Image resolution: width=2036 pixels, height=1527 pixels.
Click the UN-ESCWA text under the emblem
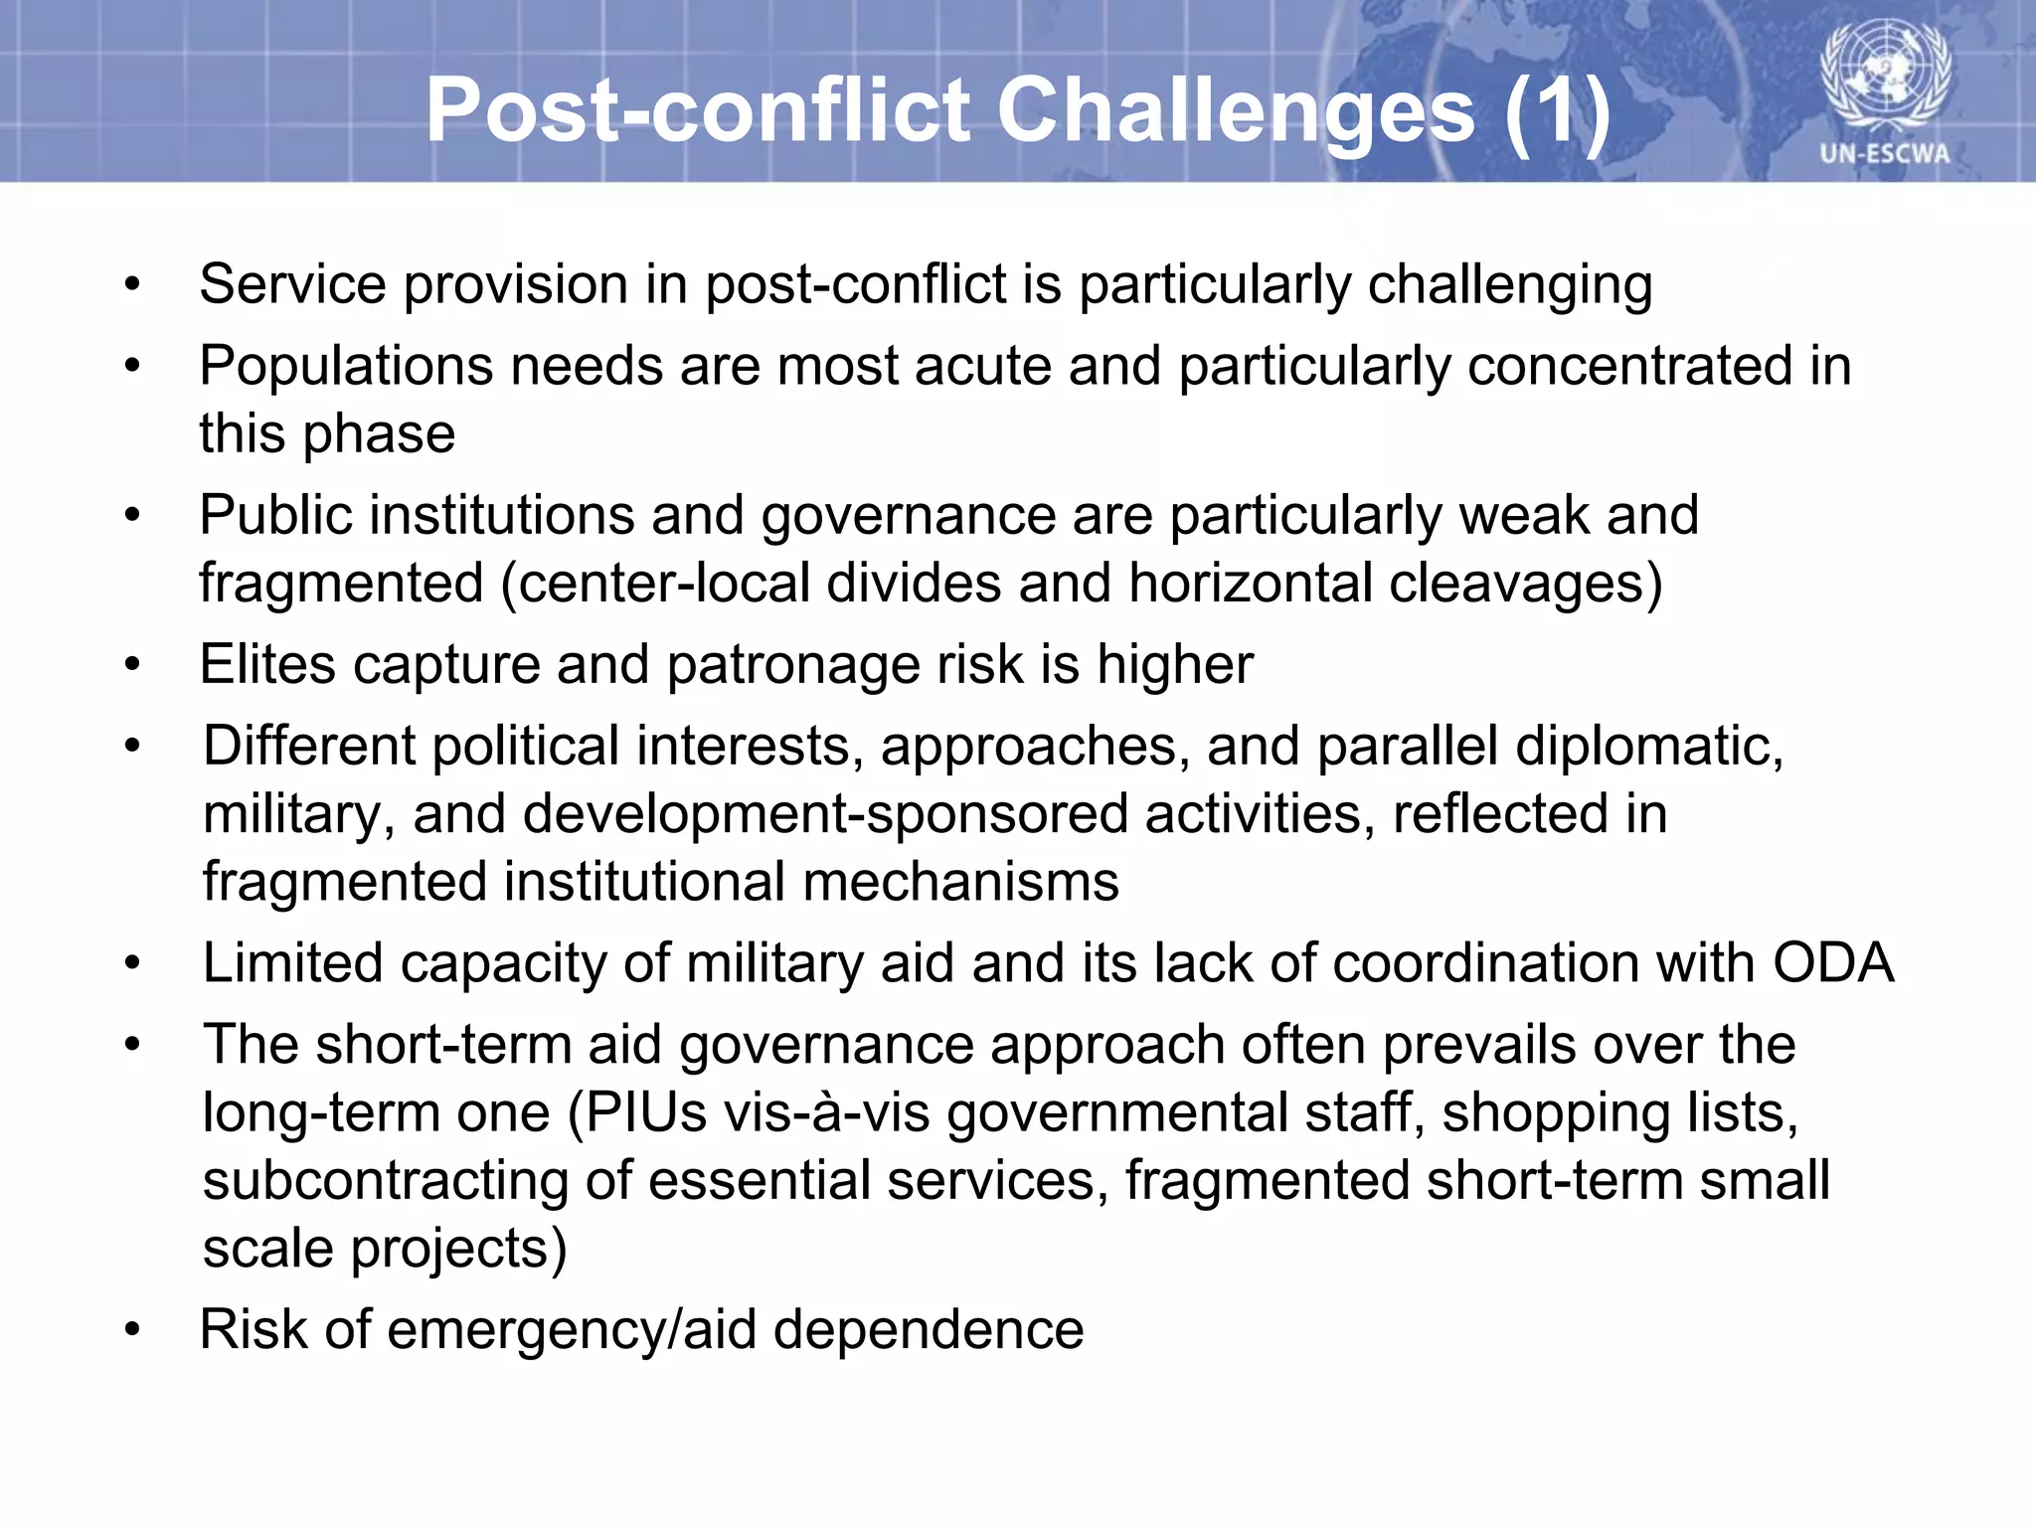[1885, 154]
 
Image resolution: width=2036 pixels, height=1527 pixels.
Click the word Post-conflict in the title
[697, 111]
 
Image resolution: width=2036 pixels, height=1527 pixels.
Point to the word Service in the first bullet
[292, 284]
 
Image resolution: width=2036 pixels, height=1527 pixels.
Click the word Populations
[345, 366]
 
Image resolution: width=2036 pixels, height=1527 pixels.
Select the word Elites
[267, 664]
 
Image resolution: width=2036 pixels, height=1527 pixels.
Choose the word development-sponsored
[825, 814]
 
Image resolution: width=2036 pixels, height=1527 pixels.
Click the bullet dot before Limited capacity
[133, 963]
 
